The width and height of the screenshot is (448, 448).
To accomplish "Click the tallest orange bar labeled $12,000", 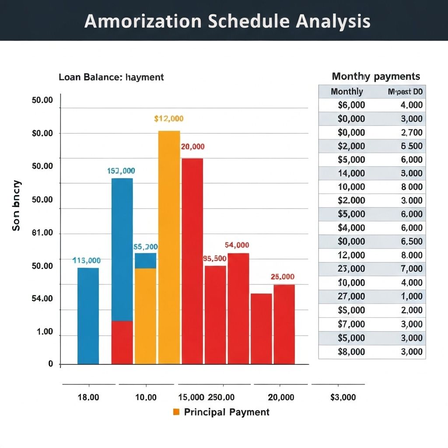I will coord(169,247).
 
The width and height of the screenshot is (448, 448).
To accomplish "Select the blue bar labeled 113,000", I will coord(88,316).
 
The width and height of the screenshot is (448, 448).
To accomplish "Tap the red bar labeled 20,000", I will coord(192,261).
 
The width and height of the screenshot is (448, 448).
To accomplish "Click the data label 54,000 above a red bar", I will coord(237,245).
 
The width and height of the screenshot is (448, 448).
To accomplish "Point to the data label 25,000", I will coord(282,276).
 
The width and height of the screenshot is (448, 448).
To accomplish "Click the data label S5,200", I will coord(145,247).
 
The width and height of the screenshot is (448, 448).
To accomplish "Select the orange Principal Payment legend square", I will coord(177,412).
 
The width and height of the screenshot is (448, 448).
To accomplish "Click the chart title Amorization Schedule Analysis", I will coord(227,21).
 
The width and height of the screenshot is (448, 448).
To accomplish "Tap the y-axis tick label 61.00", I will coord(42,233).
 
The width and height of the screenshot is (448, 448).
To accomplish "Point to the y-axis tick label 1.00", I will coord(45,332).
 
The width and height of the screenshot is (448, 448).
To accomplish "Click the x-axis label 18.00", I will coord(88,397).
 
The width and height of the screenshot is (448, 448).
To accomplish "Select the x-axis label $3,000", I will coord(343,397).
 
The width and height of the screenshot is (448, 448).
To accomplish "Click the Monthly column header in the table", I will coord(346,91).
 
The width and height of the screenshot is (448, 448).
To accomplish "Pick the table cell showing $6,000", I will coord(351,105).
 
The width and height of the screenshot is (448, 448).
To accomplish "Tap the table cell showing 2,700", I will coord(411,132).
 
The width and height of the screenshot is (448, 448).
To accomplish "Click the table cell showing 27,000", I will coord(351,296).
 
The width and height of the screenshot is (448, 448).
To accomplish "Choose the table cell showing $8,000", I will coord(351,351).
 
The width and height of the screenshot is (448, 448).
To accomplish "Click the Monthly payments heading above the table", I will coord(376,76).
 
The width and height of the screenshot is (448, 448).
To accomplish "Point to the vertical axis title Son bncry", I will coord(16,205).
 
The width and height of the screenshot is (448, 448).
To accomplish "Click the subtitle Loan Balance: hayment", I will coord(111,77).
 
